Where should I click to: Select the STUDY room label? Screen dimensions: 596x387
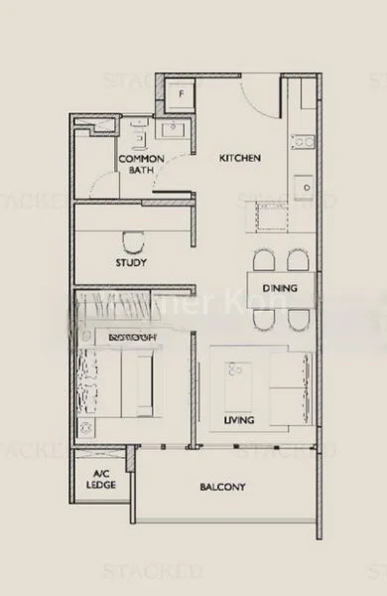(132, 263)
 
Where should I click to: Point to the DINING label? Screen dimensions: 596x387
(279, 289)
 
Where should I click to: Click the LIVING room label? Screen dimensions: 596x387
(239, 420)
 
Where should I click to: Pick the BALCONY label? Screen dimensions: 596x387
(220, 487)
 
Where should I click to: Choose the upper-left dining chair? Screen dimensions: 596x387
(262, 260)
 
